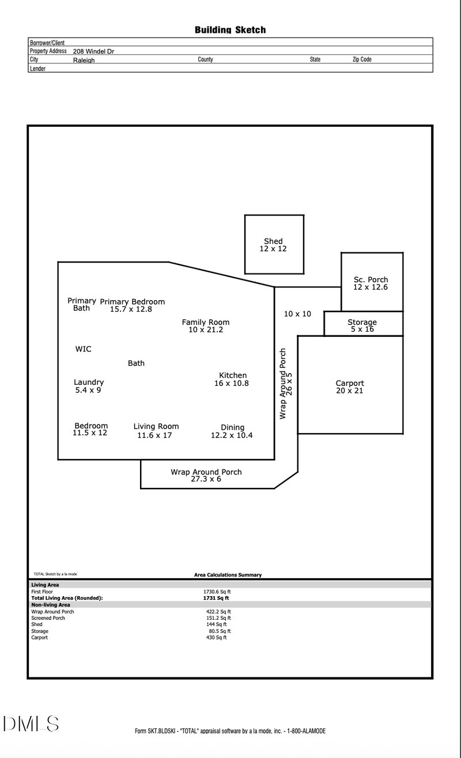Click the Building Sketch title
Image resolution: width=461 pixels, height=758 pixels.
230,30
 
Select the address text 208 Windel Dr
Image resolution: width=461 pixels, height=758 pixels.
93,51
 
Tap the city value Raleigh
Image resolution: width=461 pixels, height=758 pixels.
84,60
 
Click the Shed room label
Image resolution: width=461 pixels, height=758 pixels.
273,241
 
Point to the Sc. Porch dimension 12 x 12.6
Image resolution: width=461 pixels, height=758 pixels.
371,287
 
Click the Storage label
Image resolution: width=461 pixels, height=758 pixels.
362,322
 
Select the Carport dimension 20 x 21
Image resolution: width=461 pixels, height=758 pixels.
350,391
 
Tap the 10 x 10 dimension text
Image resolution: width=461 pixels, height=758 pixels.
297,314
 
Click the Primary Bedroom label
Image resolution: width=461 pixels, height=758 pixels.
133,301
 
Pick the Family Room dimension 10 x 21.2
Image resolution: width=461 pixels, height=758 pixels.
206,329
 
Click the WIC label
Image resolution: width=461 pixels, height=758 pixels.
83,349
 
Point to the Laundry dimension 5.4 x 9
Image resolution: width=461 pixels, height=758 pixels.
88,390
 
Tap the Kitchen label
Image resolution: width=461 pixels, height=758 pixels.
233,376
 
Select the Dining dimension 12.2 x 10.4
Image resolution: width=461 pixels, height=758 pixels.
232,435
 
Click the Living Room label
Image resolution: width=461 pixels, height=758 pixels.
156,426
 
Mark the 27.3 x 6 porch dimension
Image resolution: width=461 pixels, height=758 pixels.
206,479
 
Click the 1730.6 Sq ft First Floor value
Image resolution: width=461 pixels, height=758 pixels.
217,592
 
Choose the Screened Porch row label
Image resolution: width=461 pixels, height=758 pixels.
48,618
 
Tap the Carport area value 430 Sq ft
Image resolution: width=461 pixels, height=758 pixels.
216,638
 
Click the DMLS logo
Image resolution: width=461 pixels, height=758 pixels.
31,724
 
